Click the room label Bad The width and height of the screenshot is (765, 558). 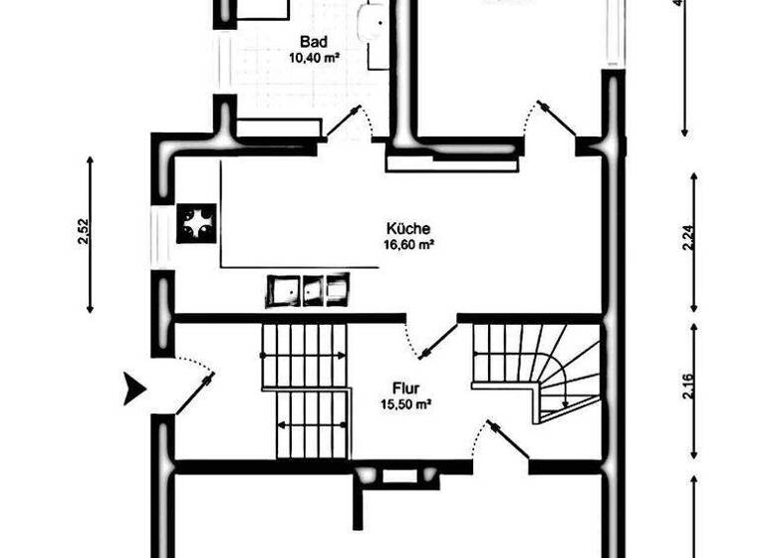tap(314, 43)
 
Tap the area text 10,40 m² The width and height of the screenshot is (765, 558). tap(314, 58)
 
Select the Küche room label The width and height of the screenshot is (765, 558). tap(408, 228)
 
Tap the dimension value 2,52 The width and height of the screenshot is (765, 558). tap(84, 232)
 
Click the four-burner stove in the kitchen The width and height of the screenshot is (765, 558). tap(196, 223)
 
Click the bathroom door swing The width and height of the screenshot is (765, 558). tap(352, 125)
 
